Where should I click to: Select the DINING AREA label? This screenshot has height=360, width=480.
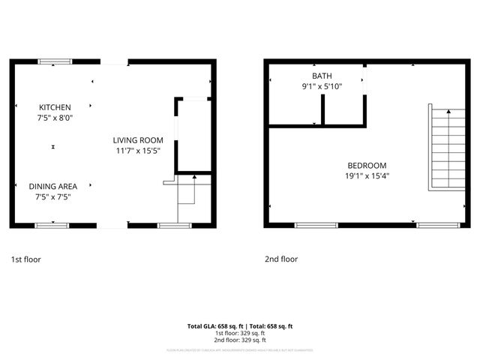coord(52,186)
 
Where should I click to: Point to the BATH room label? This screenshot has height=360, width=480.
coord(322,76)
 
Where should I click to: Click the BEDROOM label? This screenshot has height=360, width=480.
coord(367,166)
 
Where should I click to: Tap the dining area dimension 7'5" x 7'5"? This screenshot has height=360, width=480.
coord(52,196)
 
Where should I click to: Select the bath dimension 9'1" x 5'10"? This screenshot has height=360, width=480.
coord(322,86)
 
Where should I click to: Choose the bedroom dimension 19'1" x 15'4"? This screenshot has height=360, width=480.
coord(367,176)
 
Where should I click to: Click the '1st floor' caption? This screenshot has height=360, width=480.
coord(25,259)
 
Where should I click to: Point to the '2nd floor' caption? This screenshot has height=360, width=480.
coord(281,259)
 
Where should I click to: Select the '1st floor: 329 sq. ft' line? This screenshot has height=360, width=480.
coord(239,333)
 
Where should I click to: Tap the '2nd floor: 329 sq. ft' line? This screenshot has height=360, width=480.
coord(239,339)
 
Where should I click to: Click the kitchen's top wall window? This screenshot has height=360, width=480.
coord(55,61)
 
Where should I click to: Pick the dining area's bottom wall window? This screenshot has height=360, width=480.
coord(52,225)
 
